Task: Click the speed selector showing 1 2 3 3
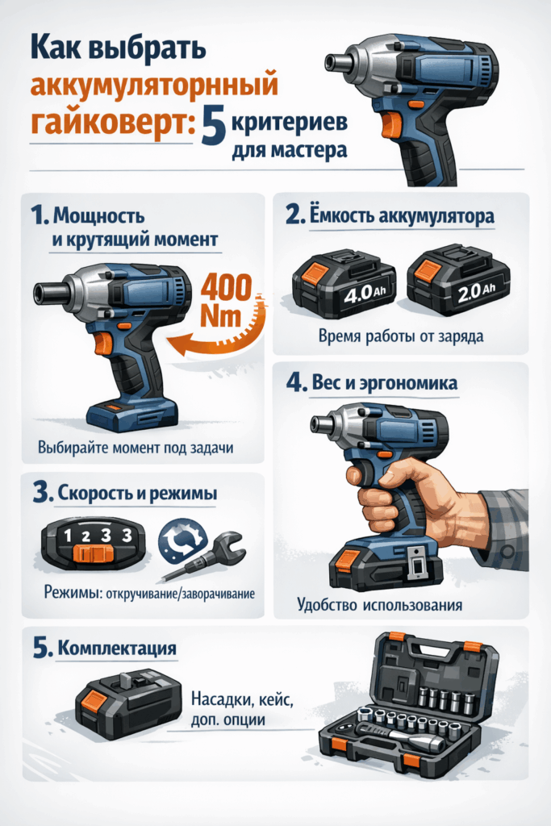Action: pyautogui.click(x=92, y=541)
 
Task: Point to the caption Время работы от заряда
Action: pyautogui.click(x=401, y=336)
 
